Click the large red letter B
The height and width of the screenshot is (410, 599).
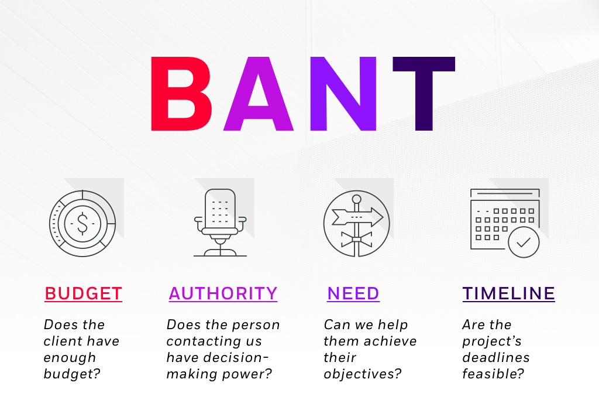coord(180,94)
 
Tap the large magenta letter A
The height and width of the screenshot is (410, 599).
coord(258,94)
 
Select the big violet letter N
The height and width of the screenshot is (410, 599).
coord(343,94)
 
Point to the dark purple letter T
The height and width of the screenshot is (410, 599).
coord(424,94)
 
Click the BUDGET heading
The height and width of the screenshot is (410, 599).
coord(83,293)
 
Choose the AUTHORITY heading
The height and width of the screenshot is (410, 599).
coord(223,293)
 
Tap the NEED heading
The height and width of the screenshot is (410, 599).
coord(353,293)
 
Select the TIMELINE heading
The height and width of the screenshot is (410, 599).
coord(508,293)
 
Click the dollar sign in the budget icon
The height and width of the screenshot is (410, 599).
coord(82,223)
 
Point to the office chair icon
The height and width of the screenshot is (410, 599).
coord(220,223)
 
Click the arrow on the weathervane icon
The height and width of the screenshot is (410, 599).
coord(357,217)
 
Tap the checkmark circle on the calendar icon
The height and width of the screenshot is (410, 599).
coord(524,242)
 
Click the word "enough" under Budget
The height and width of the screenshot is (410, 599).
coord(70,358)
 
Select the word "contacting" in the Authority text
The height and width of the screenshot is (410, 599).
coord(214,341)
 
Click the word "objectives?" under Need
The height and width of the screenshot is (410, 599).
coord(363,374)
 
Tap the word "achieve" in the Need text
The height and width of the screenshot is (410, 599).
coord(388,341)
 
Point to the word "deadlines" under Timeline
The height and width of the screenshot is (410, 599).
coord(496,357)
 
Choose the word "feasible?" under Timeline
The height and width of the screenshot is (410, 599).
coord(493,374)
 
